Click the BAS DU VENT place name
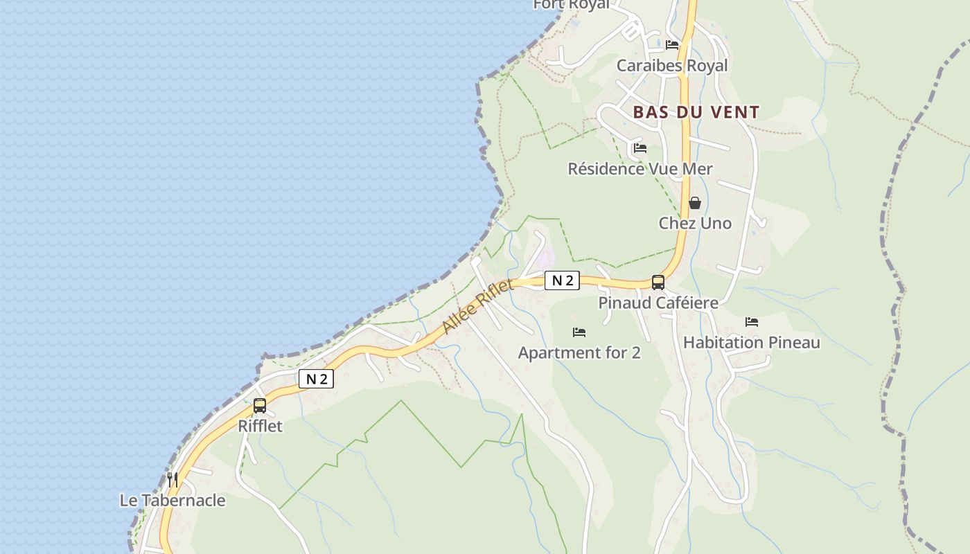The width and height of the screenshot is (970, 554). click(696, 112)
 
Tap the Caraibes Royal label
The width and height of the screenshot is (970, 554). click(672, 66)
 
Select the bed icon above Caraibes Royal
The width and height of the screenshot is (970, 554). click(672, 45)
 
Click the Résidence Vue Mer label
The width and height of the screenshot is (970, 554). click(640, 169)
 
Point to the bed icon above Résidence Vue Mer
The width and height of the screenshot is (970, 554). click(640, 148)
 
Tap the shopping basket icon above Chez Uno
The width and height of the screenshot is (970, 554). click(695, 203)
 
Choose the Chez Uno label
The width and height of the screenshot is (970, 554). click(695, 223)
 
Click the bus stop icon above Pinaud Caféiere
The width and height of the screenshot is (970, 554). click(658, 283)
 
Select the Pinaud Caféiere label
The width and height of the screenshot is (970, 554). click(658, 303)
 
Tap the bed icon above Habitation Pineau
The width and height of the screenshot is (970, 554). click(752, 322)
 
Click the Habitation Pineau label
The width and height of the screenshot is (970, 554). click(752, 343)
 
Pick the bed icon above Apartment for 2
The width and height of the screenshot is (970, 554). click(579, 332)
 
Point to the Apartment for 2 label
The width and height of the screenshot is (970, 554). click(579, 353)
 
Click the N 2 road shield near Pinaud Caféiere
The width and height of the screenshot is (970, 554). click(562, 280)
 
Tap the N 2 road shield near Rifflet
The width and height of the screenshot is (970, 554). click(316, 379)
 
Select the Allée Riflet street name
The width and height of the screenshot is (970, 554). click(478, 306)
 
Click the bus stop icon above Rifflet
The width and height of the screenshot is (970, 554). click(260, 406)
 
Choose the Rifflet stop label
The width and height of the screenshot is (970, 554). click(260, 426)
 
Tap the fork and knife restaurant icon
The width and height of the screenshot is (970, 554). click(173, 479)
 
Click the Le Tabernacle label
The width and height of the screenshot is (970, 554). click(173, 501)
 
